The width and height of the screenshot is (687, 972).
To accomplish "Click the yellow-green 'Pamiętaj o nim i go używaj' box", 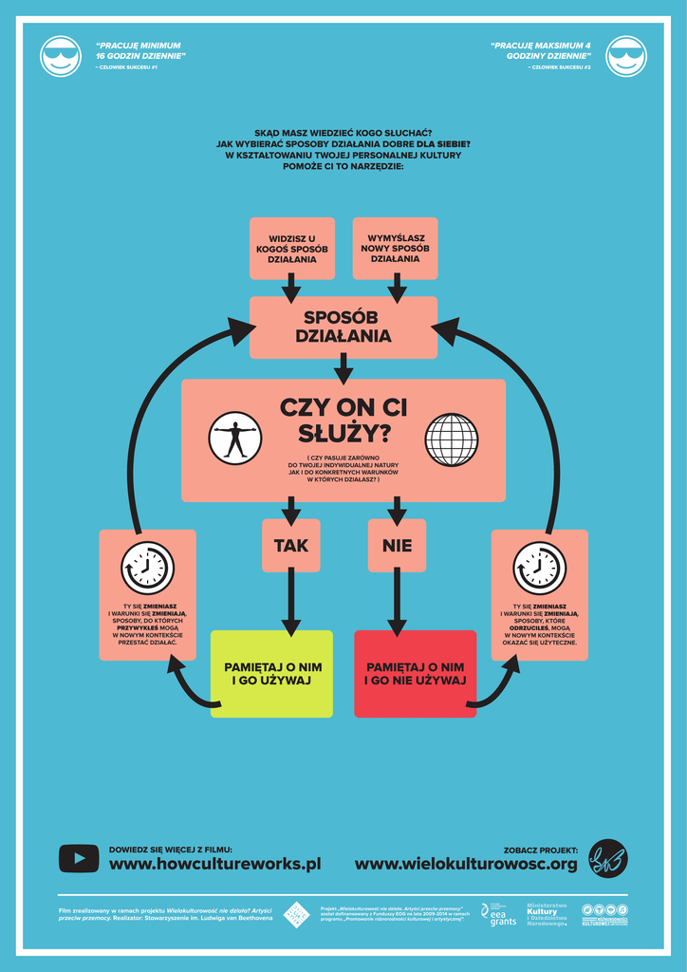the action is coord(271,673).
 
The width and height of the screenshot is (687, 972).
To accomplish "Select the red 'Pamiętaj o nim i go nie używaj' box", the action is coord(415,673).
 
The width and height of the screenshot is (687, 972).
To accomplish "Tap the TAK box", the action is coord(291,546).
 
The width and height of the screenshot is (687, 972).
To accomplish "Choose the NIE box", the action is coord(397,546).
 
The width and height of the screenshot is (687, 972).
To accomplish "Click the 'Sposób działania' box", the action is coord(343,327).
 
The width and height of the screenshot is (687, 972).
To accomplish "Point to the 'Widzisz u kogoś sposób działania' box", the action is coord(291,249).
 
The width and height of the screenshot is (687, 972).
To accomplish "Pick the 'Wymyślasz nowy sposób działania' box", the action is coord(395,249).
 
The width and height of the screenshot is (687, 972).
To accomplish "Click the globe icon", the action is coord(452,439).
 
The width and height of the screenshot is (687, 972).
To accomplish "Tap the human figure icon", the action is coord(234,439).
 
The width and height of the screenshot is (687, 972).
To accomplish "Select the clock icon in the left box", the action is coord(147,568).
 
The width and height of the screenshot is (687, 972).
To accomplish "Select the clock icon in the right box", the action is coord(539,568).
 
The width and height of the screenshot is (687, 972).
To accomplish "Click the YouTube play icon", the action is coord(79,858).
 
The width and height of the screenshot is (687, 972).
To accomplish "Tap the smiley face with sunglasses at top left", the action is coord(61,56).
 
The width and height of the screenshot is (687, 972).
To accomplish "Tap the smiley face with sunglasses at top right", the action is coord(625,56).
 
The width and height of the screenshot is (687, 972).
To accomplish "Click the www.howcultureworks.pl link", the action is coord(214,864).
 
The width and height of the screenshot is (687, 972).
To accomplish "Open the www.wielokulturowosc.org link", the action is coord(466,864).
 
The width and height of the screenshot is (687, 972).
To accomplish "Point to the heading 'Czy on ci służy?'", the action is coord(343,420).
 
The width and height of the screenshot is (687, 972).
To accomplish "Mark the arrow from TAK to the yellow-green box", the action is coord(291,603).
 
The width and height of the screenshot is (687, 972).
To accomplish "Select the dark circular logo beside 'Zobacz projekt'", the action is coord(607,858).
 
